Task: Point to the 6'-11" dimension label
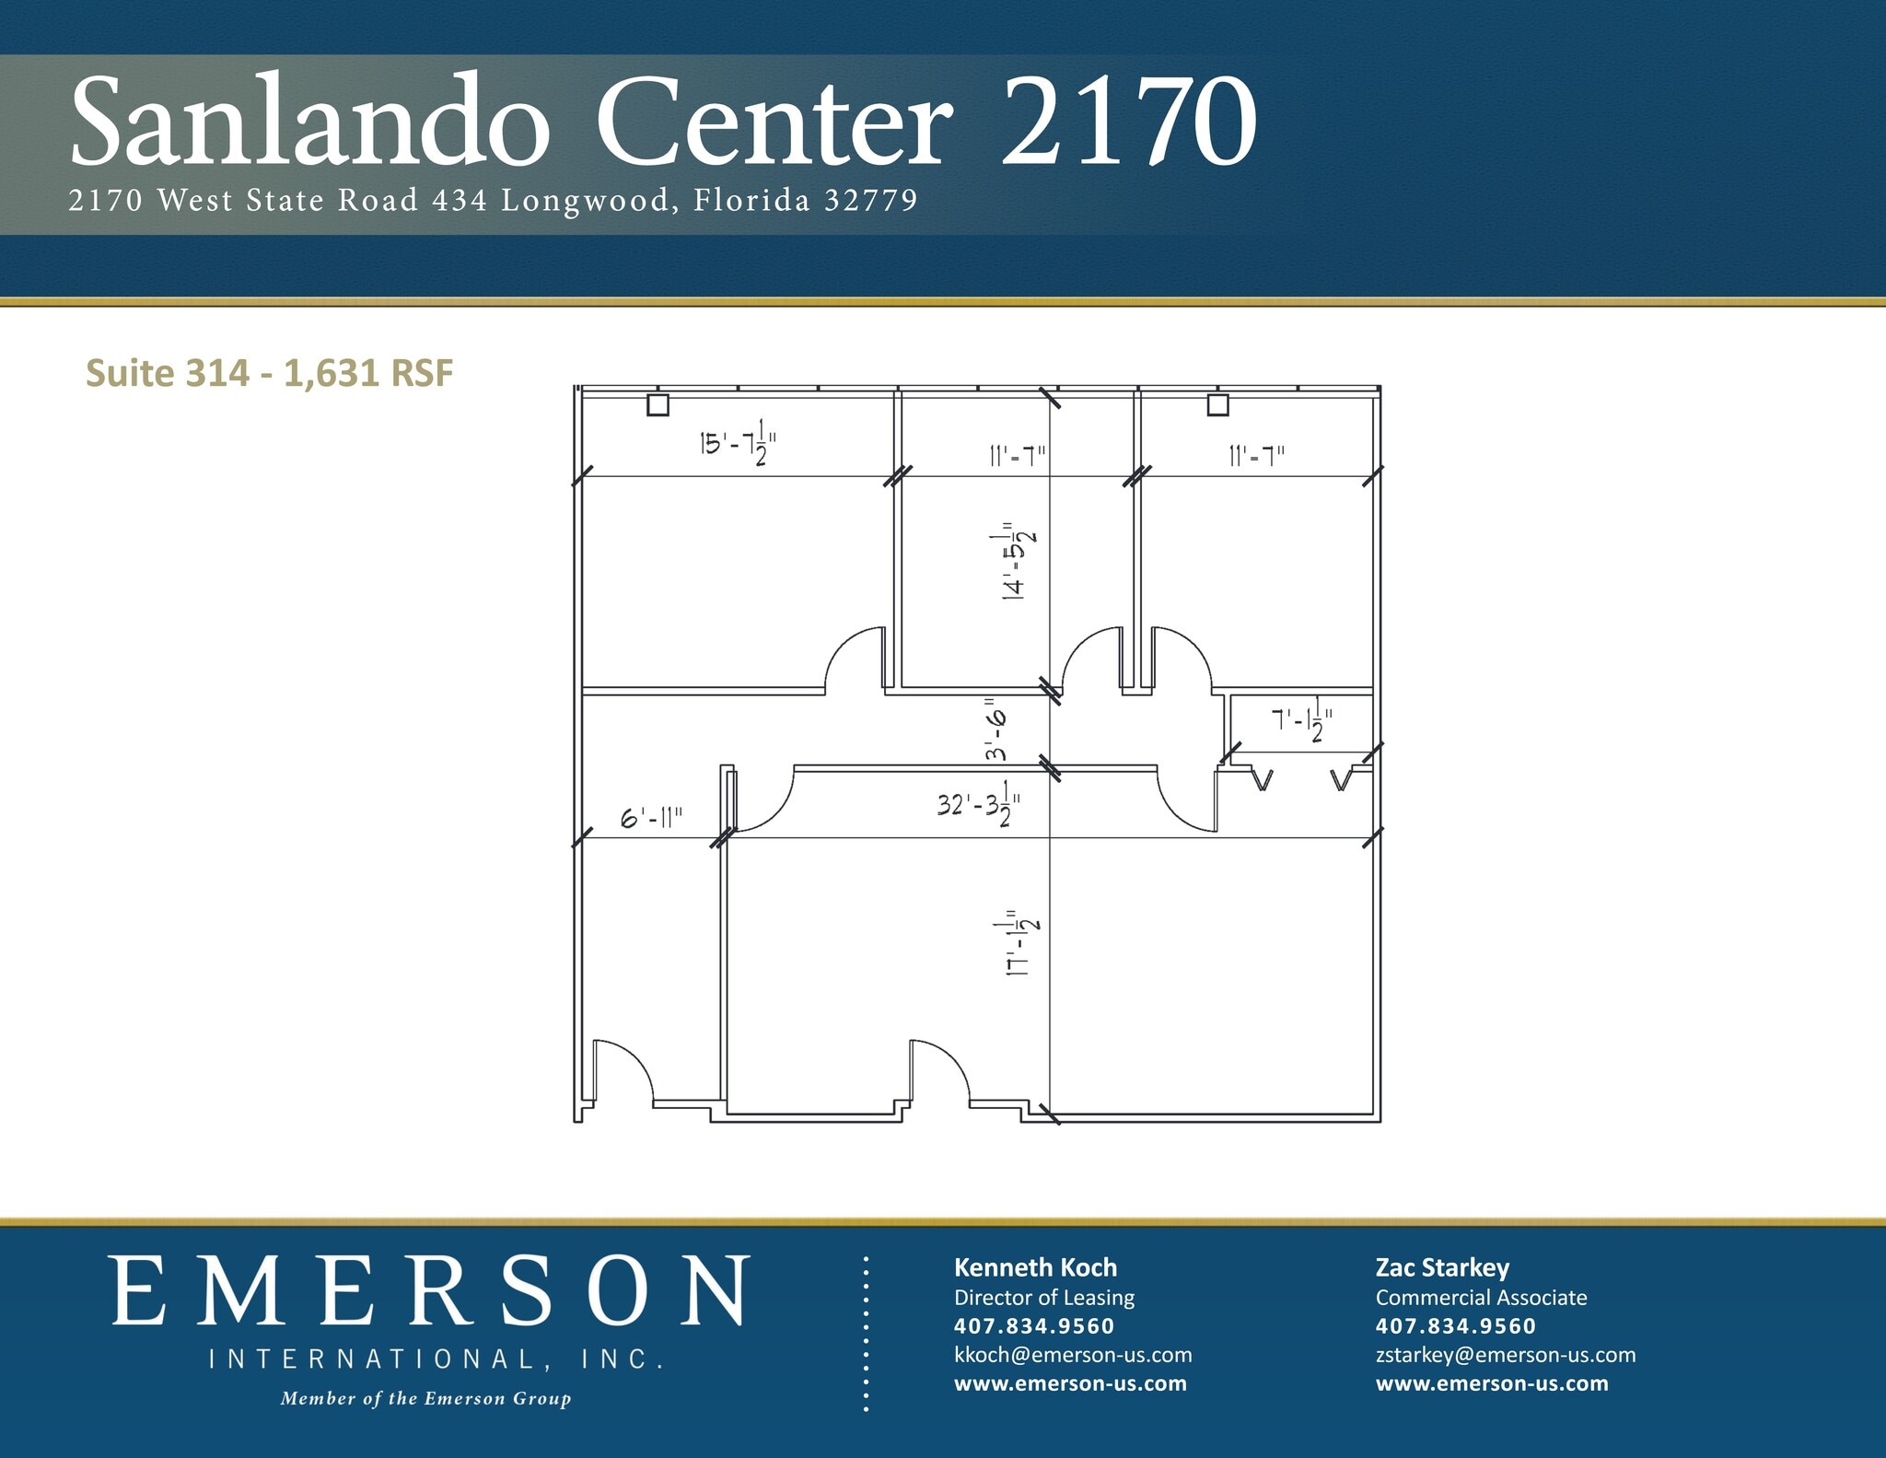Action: [652, 818]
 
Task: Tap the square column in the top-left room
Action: [658, 404]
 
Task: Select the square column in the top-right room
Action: [1217, 404]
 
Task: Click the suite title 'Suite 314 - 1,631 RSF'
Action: [269, 373]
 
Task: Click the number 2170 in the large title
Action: [1128, 122]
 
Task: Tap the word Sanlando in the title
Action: [309, 122]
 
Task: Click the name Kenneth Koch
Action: [1035, 1267]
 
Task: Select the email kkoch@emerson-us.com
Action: [1073, 1354]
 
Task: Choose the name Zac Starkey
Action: [1442, 1267]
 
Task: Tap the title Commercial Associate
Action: [1481, 1297]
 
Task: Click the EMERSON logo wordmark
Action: [431, 1291]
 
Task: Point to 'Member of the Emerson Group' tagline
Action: [425, 1398]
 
